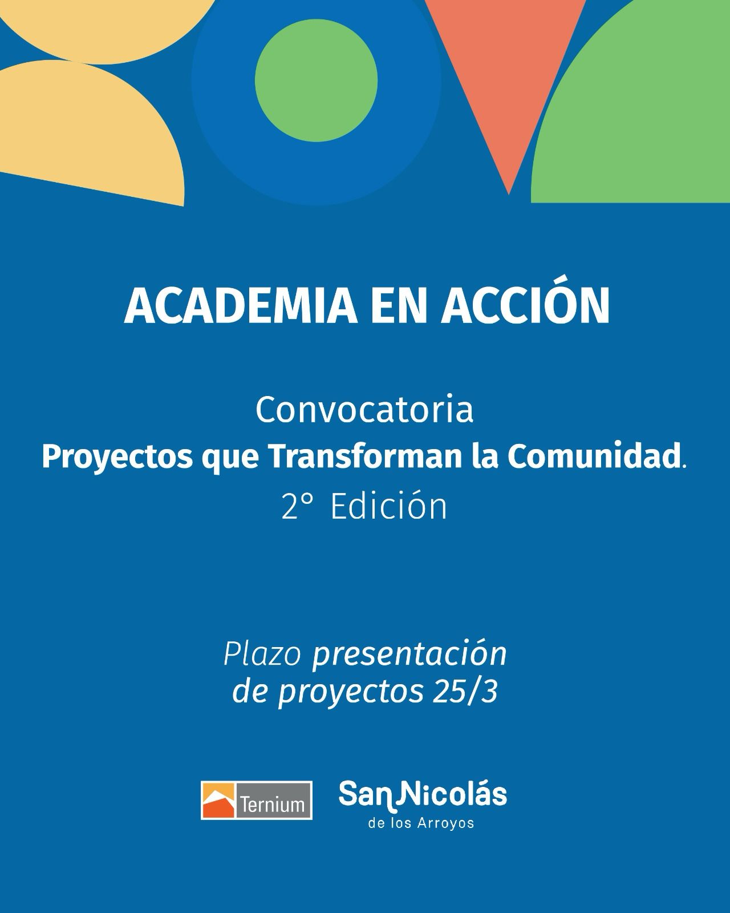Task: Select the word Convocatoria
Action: [364, 410]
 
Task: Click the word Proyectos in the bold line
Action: [117, 458]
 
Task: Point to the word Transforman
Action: [365, 457]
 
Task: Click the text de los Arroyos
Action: [421, 823]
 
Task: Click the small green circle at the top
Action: [316, 80]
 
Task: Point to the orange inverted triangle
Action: [506, 68]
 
